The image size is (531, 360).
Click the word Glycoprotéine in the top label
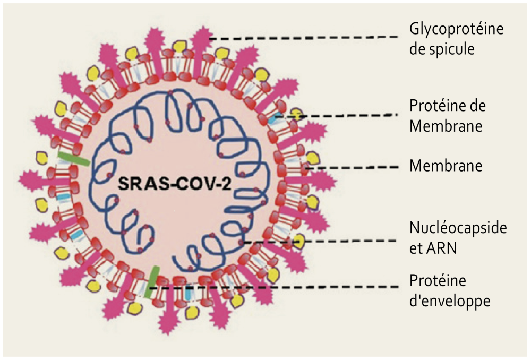(456, 29)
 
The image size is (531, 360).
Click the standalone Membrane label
(446, 166)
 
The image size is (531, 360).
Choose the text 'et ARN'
(432, 248)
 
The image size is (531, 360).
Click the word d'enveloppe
(449, 301)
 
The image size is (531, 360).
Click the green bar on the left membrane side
(73, 159)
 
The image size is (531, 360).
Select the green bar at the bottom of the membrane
(152, 281)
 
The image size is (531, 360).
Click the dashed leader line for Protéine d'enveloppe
(276, 288)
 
